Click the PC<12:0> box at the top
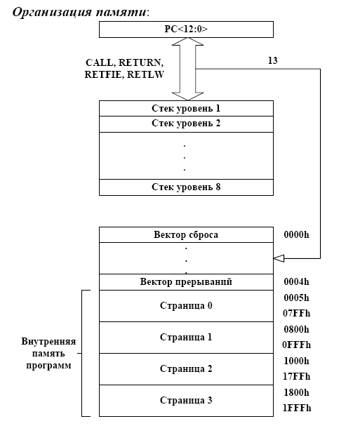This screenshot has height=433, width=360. [186, 29]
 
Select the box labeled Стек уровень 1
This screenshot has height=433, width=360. [186, 108]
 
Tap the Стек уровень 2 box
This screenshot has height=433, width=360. [186, 124]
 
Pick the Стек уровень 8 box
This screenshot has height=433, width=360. [186, 187]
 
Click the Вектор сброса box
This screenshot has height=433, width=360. [186, 234]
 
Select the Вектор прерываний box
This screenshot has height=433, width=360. [186, 282]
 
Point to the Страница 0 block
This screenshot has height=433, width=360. [186, 306]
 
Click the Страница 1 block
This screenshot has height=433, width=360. [186, 337]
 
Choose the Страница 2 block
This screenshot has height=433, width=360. [186, 369]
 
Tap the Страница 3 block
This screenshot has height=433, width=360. [186, 401]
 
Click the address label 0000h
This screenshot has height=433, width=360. [297, 234]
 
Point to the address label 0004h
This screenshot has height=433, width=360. [297, 282]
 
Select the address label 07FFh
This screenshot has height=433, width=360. [297, 314]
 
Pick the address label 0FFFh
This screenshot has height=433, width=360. [297, 345]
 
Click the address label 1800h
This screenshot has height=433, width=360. [297, 392]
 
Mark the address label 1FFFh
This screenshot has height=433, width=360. [297, 408]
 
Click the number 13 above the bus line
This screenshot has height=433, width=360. [273, 60]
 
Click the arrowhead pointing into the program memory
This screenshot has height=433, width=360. [279, 259]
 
